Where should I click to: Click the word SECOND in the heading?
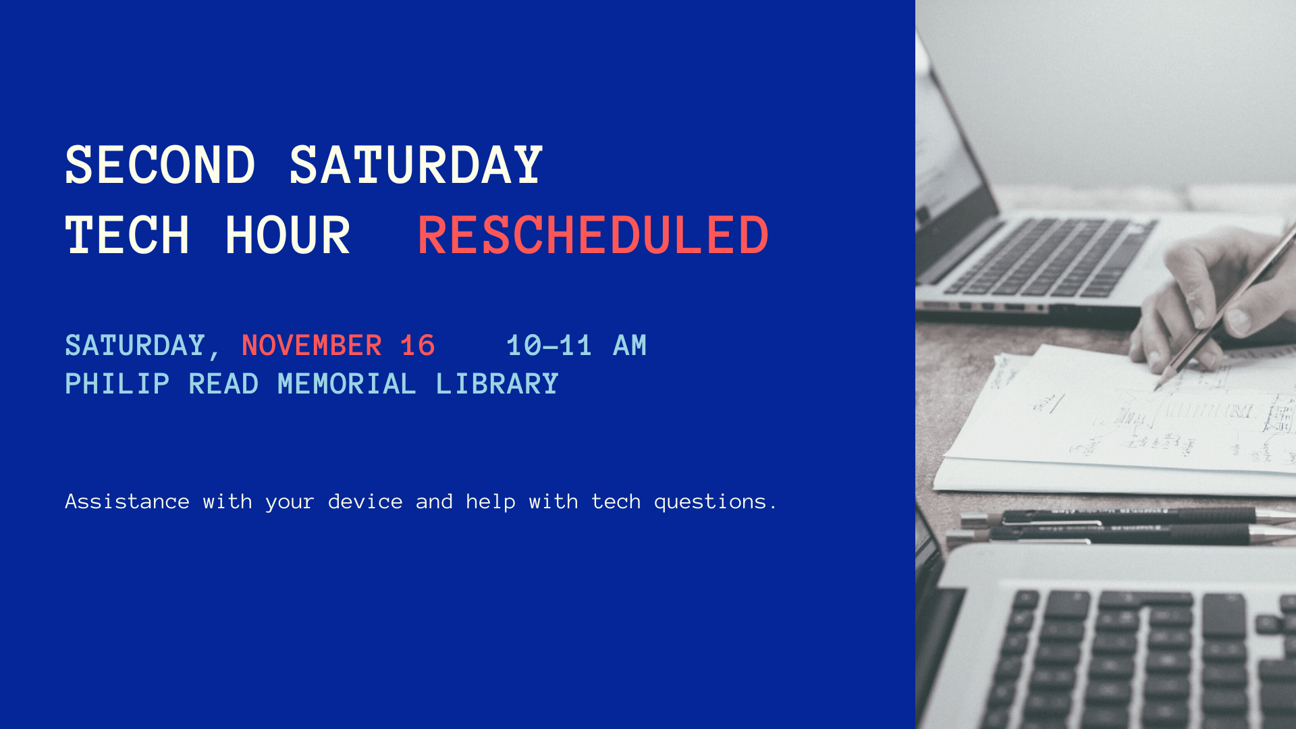pos(160,165)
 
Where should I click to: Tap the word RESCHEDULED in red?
pos(593,236)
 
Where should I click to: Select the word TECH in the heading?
pos(127,236)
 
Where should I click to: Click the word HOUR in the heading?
pos(288,236)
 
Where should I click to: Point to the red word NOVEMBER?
pos(312,346)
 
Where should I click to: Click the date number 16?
pos(417,346)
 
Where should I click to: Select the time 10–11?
pos(549,346)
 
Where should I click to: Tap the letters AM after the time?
pos(630,346)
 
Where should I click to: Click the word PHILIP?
pos(117,384)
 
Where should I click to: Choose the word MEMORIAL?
pos(346,384)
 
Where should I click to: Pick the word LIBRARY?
pos(497,384)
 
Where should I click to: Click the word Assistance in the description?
pos(127,502)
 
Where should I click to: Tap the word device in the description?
pos(365,502)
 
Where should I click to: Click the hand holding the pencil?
pos(1208,297)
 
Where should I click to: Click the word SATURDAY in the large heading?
pos(416,165)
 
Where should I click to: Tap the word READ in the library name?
pos(223,384)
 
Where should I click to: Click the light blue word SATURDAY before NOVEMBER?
pos(135,346)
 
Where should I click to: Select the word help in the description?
pos(491,502)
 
